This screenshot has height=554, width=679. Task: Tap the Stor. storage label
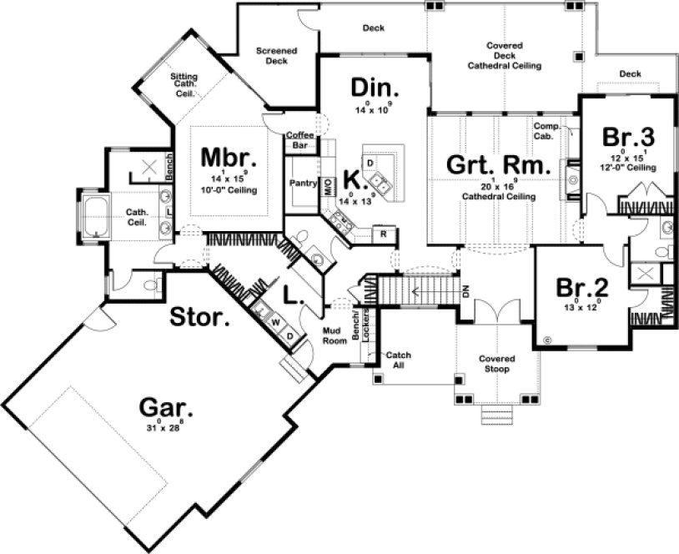click(x=201, y=316)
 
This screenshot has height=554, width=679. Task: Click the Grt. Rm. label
click(x=499, y=164)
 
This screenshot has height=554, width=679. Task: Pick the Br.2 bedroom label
click(x=583, y=289)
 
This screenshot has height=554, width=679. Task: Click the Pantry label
click(x=300, y=183)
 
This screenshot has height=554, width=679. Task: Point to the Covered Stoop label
click(x=495, y=364)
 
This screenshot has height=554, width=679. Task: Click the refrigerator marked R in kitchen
click(x=384, y=233)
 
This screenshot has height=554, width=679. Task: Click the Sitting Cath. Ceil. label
click(x=184, y=85)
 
